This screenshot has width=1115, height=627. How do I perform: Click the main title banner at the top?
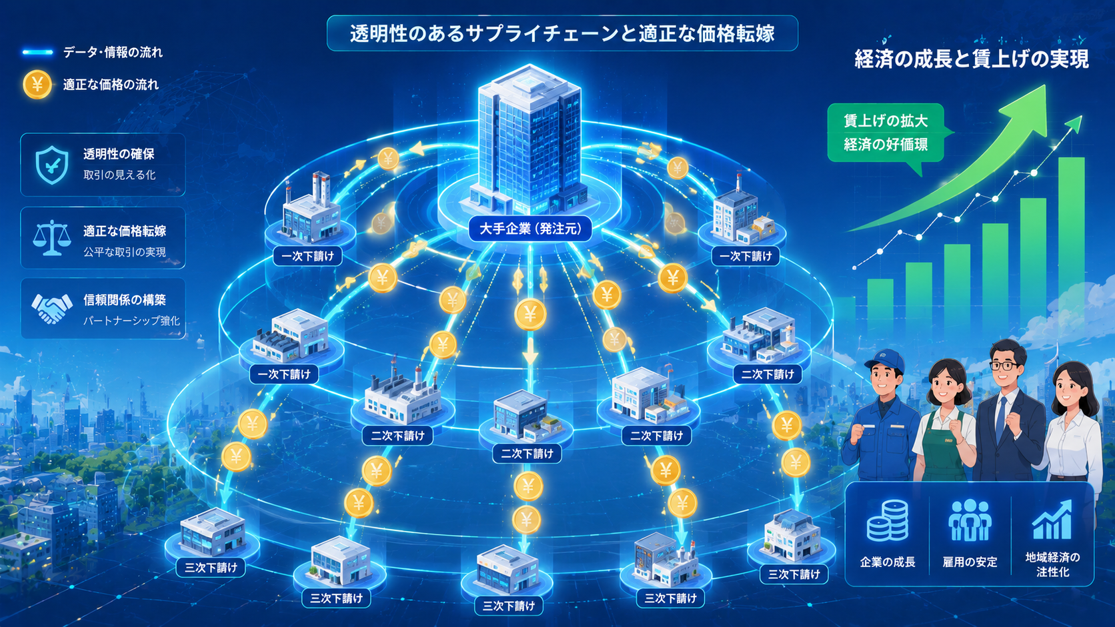(562, 33)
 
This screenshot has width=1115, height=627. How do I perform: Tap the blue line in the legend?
(38, 52)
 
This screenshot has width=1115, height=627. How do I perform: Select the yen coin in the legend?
(37, 85)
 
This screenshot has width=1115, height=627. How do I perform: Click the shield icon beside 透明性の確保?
(52, 165)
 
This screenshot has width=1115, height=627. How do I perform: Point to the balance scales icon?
(51, 239)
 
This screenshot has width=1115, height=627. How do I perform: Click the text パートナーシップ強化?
(131, 320)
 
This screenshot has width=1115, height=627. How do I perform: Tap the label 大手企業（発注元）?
(530, 229)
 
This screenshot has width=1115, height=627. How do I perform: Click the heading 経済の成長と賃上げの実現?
(972, 59)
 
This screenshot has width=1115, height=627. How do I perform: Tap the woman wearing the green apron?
(943, 420)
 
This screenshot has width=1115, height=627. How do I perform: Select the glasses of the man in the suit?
(1004, 365)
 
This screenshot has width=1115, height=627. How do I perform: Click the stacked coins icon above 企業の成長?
(888, 520)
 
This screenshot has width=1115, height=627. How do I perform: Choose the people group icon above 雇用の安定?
(970, 520)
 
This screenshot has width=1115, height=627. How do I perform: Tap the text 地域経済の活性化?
(1052, 564)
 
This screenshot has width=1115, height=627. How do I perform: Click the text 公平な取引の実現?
(125, 252)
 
